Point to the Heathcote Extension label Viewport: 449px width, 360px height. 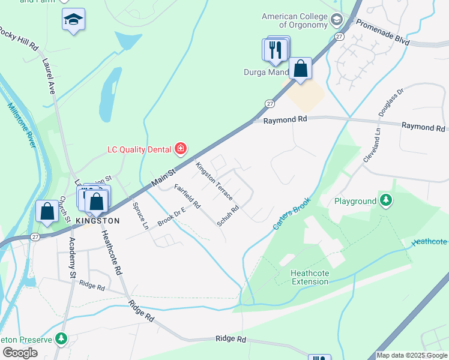coord(309,278)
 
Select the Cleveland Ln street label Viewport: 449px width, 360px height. coord(372,145)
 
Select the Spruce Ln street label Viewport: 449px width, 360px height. coord(140,217)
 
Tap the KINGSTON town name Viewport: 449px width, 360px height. coord(97,221)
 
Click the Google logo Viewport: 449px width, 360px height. coord(20,353)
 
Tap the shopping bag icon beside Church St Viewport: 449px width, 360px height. coord(47,211)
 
